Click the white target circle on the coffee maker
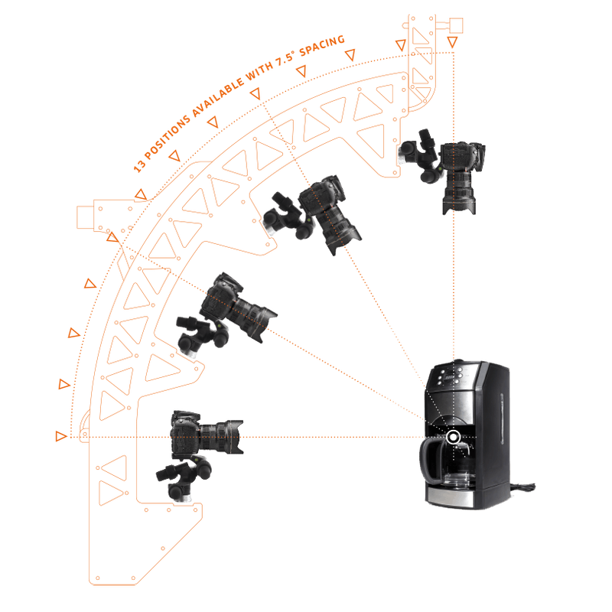coord(453,437)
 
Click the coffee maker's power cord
coord(523,487)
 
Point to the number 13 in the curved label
coord(139,167)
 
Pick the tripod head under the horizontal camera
coord(184,478)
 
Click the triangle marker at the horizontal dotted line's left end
coord(60,436)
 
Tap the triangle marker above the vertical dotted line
coord(452,42)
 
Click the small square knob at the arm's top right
coord(456,25)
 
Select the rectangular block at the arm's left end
coord(85,217)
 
